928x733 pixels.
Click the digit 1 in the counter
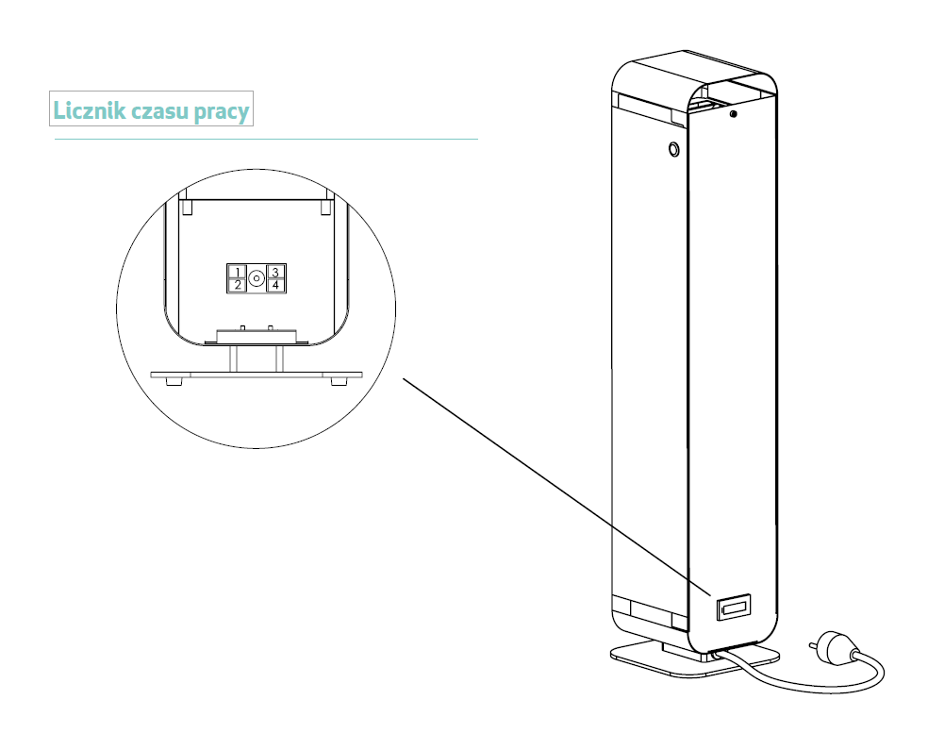238,272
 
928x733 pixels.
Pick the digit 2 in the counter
238,284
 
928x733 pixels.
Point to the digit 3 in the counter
274,272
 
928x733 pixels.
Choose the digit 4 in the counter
274,284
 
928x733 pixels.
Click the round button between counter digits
256,278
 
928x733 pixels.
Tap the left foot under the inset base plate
174,381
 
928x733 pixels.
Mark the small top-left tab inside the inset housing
187,205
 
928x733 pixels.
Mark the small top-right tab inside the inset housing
327,205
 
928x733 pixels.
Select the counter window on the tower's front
733,608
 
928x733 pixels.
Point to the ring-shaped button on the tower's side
673,149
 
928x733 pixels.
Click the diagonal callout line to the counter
556,486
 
